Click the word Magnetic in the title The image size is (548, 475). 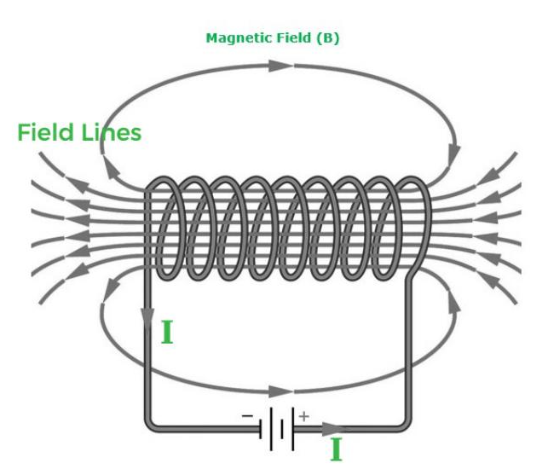239,38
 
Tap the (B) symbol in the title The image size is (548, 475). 328,38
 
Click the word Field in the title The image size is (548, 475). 294,38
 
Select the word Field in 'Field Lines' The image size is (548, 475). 46,132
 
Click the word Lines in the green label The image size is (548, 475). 112,132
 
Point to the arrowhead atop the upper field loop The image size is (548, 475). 280,66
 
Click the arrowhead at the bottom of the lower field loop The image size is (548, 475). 280,391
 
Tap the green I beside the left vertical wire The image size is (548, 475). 167,333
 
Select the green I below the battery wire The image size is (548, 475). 336,449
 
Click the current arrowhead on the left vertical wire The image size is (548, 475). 148,318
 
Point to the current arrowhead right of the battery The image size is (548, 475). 333,429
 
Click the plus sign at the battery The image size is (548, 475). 304,416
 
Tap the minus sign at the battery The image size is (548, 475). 247,416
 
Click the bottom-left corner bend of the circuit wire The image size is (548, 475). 150,426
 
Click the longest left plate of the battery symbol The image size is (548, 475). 271,429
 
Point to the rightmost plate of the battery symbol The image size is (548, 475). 293,429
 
